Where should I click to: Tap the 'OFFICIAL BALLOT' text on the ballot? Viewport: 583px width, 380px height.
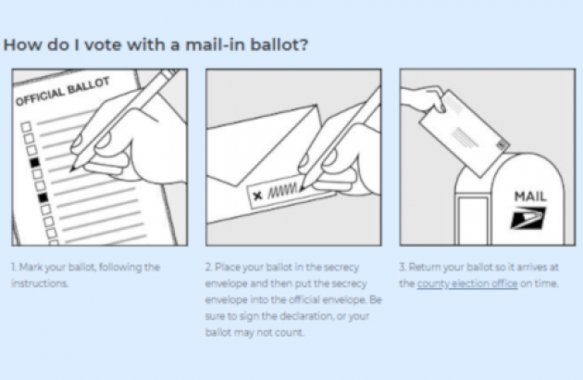pos(63,91)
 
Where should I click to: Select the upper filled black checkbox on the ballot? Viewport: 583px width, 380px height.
pos(34,162)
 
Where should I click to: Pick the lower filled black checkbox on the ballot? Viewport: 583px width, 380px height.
pos(43,197)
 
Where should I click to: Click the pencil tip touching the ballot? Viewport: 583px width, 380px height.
pos(72,170)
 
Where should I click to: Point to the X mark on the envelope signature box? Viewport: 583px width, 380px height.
pos(257,196)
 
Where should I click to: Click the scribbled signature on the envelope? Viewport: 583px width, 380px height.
pos(282,190)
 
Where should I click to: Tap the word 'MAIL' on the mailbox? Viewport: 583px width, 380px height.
pos(530,196)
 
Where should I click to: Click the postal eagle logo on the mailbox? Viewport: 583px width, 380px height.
pos(527,218)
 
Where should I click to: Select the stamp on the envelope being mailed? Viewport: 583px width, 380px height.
pos(502,146)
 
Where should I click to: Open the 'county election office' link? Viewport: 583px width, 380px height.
pos(467,284)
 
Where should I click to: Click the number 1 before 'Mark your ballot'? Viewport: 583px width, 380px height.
pos(13,267)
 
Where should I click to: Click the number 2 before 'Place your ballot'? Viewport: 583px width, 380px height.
pos(209,267)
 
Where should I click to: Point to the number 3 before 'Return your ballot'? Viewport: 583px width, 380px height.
pos(403,267)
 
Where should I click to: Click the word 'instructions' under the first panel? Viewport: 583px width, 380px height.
pos(40,284)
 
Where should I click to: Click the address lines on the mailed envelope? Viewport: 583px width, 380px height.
pos(465,138)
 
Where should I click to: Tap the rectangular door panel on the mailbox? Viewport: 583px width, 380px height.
pos(473,220)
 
